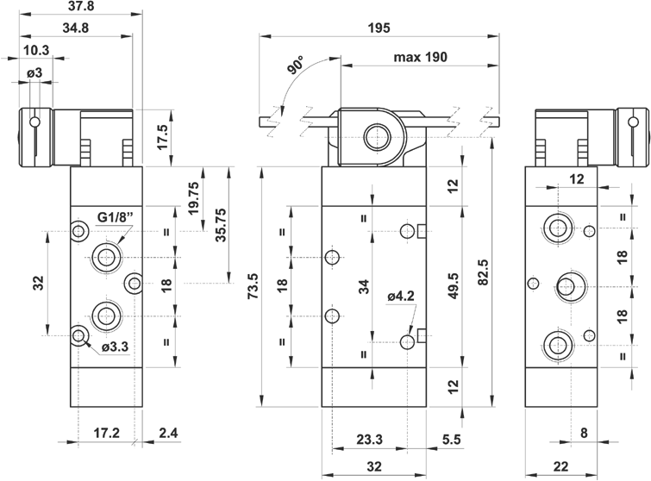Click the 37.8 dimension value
tap(77, 8)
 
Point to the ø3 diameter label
tap(35, 73)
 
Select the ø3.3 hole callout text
tap(115, 347)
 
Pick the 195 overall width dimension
tap(378, 28)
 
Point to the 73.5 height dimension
tap(254, 286)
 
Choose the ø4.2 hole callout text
tap(403, 296)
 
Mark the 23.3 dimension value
tap(369, 440)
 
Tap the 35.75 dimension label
tap(221, 224)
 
